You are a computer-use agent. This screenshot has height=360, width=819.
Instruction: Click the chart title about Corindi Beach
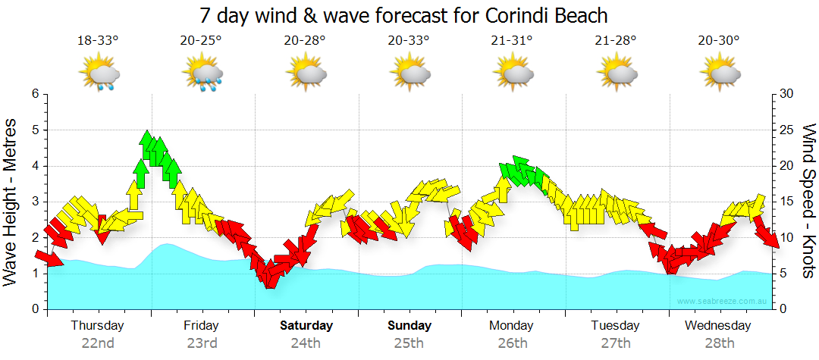[403, 15]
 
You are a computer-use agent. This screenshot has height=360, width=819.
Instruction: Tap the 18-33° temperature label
[98, 41]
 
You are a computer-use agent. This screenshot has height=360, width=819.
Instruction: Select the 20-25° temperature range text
[201, 41]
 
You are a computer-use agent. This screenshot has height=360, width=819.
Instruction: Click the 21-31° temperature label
[513, 41]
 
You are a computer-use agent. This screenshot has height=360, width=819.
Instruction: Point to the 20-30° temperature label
[719, 41]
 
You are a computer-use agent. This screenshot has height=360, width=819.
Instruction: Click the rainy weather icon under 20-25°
[202, 74]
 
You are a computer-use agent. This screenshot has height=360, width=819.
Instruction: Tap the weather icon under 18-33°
[99, 74]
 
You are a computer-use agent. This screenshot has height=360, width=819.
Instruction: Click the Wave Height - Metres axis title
[11, 202]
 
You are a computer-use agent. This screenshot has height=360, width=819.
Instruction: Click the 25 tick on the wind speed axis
[788, 130]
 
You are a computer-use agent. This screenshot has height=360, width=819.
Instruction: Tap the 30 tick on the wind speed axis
[788, 94]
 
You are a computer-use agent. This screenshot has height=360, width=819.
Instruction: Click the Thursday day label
[97, 326]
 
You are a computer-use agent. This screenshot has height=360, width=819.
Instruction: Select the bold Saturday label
[306, 326]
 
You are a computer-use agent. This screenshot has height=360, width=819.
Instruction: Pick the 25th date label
[409, 343]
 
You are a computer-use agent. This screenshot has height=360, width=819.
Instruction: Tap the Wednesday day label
[718, 326]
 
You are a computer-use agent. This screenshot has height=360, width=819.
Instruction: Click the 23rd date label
[202, 343]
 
